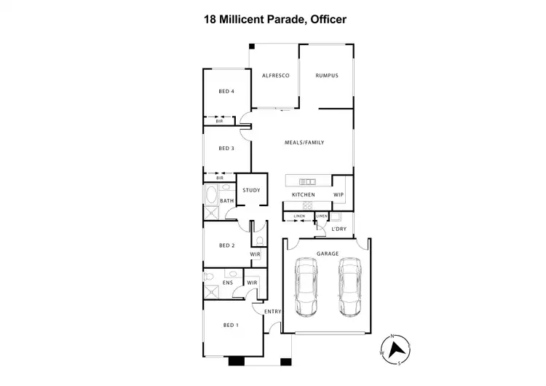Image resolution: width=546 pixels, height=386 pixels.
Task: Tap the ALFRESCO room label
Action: coord(276,76)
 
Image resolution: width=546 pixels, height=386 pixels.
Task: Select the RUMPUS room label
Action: coord(326,76)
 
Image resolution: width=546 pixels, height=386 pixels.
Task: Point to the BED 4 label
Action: coord(226,92)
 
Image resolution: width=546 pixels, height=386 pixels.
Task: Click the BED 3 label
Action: coord(226,149)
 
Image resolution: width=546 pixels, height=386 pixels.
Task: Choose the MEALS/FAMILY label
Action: coord(304,143)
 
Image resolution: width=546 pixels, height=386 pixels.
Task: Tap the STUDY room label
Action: coord(251,190)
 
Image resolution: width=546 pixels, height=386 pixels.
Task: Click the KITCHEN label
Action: coord(303,195)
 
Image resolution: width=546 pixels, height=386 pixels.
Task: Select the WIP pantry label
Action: coord(339,195)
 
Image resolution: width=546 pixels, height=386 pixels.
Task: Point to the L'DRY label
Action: coord(339,229)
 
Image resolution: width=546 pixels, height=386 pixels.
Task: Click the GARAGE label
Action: coord(327,253)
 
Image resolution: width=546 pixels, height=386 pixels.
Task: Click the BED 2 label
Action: coord(226,245)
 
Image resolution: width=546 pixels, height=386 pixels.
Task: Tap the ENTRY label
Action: coord(272,312)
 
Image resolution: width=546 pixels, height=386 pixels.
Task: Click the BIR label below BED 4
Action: coord(219,121)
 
